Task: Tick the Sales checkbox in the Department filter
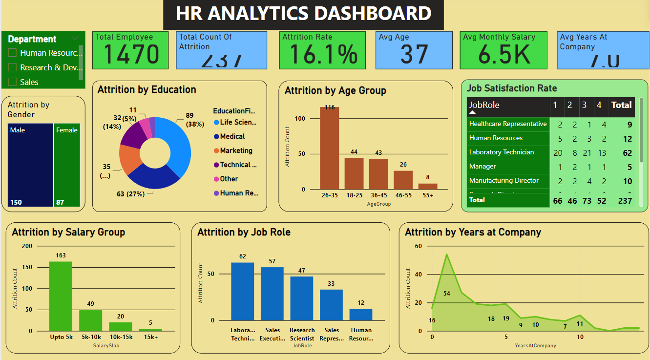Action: pyautogui.click(x=13, y=82)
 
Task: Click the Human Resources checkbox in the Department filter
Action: pyautogui.click(x=13, y=53)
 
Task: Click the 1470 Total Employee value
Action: pyautogui.click(x=131, y=54)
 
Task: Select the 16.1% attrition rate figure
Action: pyautogui.click(x=323, y=54)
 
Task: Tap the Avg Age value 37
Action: pyautogui.click(x=414, y=54)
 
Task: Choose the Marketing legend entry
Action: pyautogui.click(x=236, y=150)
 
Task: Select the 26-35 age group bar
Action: pyautogui.click(x=330, y=148)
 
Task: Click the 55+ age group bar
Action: pyautogui.click(x=428, y=186)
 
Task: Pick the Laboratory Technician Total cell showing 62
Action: pyautogui.click(x=627, y=153)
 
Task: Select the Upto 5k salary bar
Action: pyautogui.click(x=61, y=296)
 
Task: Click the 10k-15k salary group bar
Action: pyautogui.click(x=121, y=326)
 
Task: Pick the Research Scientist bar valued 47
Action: pyautogui.click(x=302, y=298)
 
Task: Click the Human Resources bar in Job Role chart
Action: pyautogui.click(x=361, y=315)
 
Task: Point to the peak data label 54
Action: pyautogui.click(x=446, y=294)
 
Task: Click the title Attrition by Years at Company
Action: pyautogui.click(x=473, y=232)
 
